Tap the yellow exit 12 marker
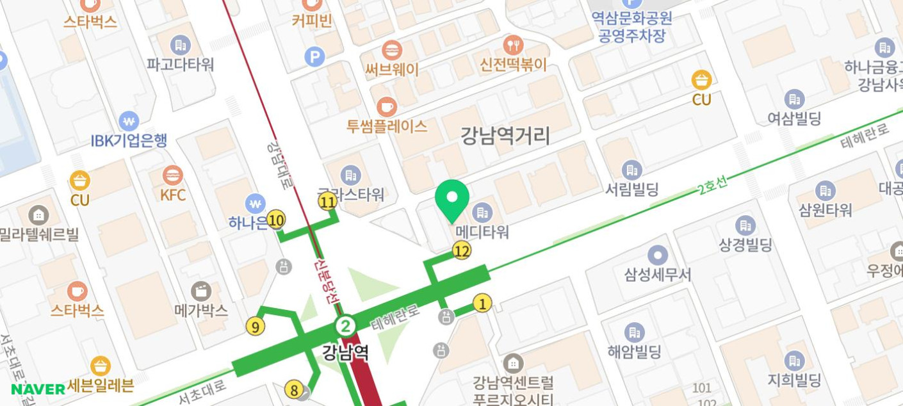coord(462,251)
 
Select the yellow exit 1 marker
coord(482,304)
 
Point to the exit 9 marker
coord(255,327)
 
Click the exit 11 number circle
coord(328,202)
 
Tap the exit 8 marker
coord(293,389)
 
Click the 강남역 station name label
coord(346,352)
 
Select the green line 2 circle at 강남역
coord(346,327)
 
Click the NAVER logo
coord(38,389)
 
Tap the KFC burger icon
coord(173,175)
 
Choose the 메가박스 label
coord(201,311)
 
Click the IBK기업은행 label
coord(129,140)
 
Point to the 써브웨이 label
coord(392,69)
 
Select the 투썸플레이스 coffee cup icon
coord(386,107)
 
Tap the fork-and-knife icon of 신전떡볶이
coord(513,44)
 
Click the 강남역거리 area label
coord(505,136)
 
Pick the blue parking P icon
coord(314,57)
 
